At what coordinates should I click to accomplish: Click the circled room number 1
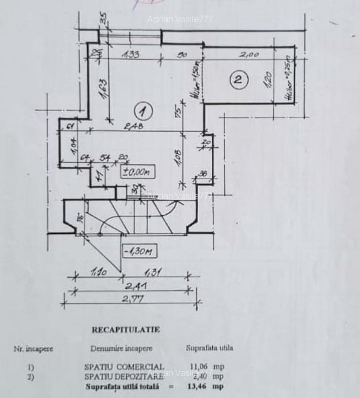point(143,111)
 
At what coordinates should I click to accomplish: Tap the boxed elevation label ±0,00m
point(138,172)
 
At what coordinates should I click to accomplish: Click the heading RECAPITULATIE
point(126,329)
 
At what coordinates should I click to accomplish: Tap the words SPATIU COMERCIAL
point(124,367)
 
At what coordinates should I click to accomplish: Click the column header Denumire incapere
point(122,348)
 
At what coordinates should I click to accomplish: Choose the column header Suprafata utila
point(209,348)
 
